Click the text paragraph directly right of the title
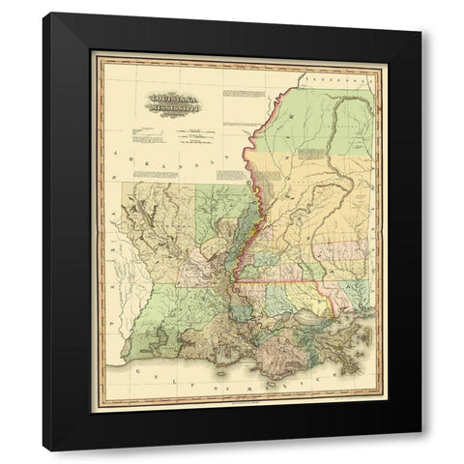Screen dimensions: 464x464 pos(242,96)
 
